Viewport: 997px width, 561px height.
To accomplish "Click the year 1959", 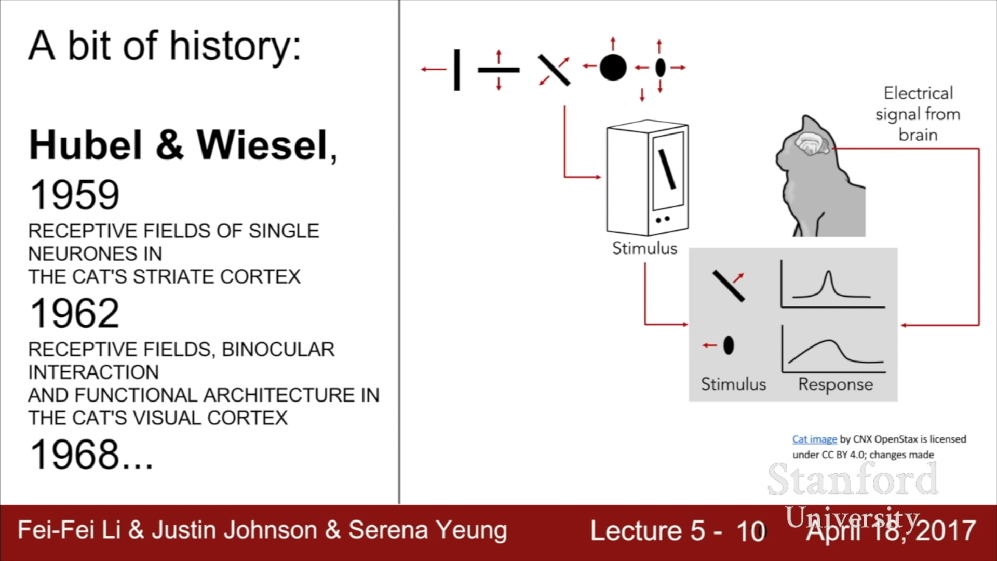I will [x=75, y=195].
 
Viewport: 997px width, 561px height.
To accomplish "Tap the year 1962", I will [x=75, y=313].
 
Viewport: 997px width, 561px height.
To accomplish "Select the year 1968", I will [x=75, y=455].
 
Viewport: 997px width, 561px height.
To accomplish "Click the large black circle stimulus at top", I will [x=613, y=68].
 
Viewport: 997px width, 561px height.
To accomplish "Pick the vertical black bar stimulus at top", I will [x=456, y=70].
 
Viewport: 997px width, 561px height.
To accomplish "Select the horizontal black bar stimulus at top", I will [x=498, y=70].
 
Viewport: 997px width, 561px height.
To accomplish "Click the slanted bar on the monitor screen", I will [x=667, y=169].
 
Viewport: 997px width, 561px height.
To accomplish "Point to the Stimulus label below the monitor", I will [x=644, y=248].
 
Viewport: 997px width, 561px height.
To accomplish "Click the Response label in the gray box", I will [x=836, y=384].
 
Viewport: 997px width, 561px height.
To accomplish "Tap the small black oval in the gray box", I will [x=729, y=345].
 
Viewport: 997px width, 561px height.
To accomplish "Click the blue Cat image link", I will [x=814, y=439].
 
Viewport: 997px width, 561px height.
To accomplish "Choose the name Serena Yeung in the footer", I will [x=427, y=530].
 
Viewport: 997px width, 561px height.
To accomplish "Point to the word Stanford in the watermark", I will [x=853, y=479].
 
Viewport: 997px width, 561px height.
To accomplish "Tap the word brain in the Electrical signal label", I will [x=918, y=135].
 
